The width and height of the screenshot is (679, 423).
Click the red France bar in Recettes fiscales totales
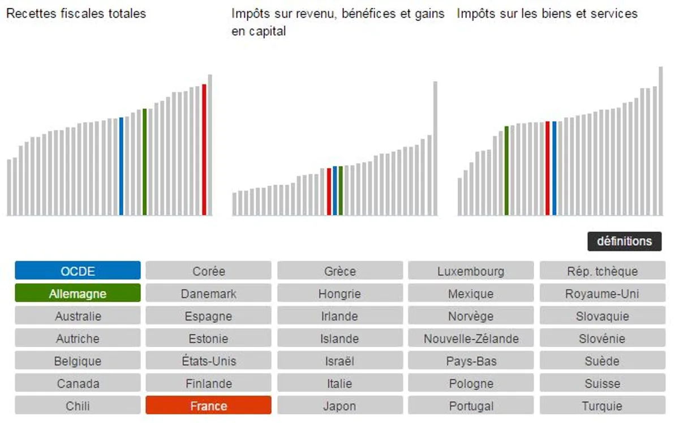click(x=204, y=150)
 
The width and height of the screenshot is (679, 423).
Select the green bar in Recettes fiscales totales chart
click(x=145, y=162)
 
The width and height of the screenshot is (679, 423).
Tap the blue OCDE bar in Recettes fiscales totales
click(x=121, y=166)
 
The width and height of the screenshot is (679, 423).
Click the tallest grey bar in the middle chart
click(x=435, y=148)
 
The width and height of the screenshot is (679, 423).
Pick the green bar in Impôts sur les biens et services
click(x=506, y=170)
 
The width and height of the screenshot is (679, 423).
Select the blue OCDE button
click(x=78, y=271)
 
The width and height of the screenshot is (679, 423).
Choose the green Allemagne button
click(x=78, y=293)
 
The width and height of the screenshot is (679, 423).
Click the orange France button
click(x=209, y=405)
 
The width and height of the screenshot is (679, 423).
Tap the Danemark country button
click(x=209, y=293)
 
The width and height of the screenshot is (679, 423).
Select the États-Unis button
click(x=209, y=361)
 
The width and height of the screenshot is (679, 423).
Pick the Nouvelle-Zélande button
click(x=471, y=339)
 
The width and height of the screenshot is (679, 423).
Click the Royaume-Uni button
click(x=602, y=293)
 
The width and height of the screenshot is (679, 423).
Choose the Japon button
click(x=339, y=405)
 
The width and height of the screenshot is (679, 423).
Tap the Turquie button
click(x=602, y=405)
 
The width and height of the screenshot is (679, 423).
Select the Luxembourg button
click(x=471, y=271)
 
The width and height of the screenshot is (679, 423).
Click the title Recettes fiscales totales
click(x=76, y=14)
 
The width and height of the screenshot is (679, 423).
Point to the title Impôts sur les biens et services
click(x=547, y=14)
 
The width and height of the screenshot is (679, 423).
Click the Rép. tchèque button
click(x=602, y=271)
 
